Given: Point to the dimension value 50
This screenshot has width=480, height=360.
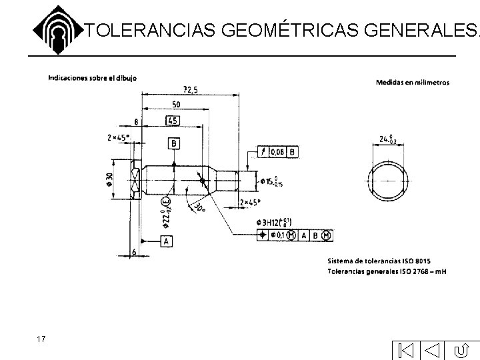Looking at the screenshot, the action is [175, 105].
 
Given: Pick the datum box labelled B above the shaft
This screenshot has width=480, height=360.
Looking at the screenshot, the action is [174, 143].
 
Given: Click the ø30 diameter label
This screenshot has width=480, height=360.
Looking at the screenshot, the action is [108, 179].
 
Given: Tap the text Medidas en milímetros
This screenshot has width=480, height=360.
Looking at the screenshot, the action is [413, 83].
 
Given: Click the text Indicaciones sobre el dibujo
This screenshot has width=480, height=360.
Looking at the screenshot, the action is [93, 77].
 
